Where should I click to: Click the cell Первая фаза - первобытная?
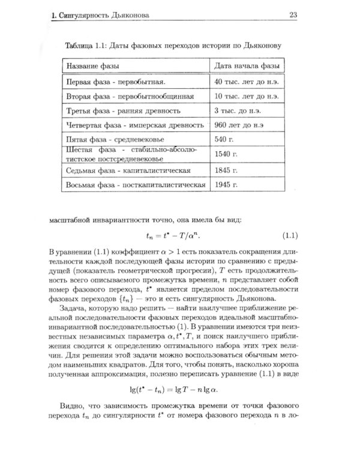(115, 81)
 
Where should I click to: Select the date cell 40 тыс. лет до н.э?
(245, 81)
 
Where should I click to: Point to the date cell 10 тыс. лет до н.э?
(245, 96)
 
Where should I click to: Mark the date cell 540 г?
(223, 140)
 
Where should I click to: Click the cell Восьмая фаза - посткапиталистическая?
(135, 185)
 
